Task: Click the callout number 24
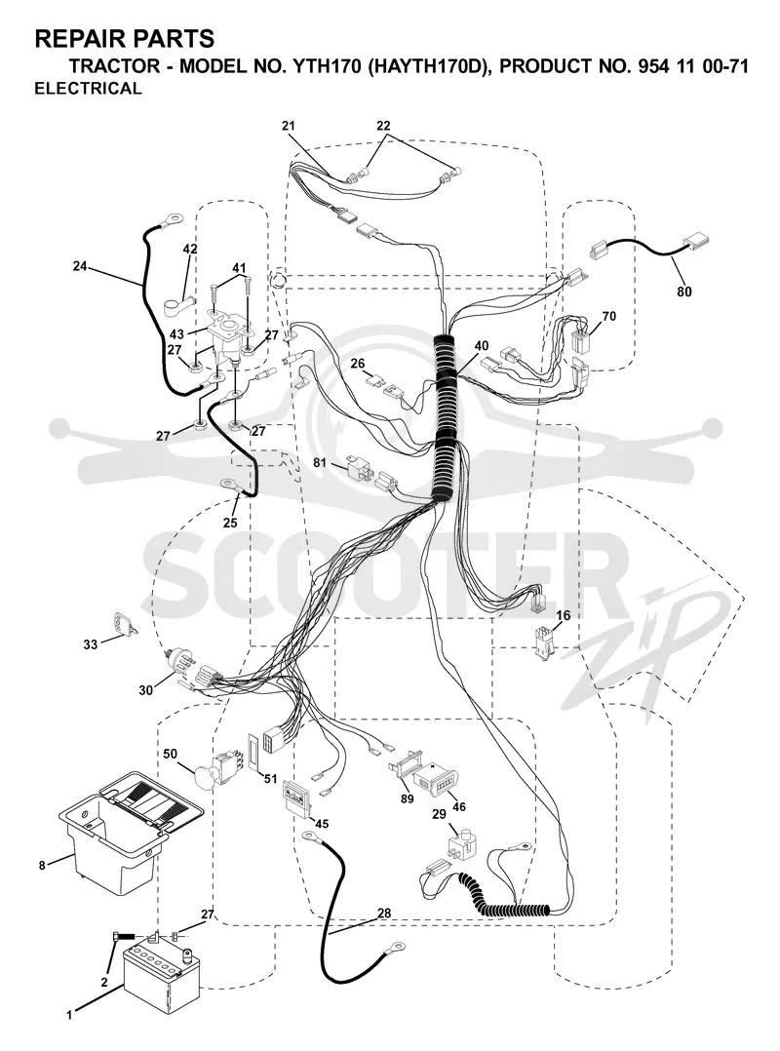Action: [x=80, y=266]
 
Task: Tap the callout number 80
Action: [x=684, y=292]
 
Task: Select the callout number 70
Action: [x=608, y=316]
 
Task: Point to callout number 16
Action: [x=563, y=615]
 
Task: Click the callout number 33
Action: [x=91, y=644]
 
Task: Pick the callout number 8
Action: [x=42, y=866]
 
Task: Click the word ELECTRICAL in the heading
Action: [x=88, y=89]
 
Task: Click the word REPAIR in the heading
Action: [x=72, y=39]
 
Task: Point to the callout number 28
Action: [x=384, y=913]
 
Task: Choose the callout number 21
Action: [x=289, y=126]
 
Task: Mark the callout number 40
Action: [x=481, y=346]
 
